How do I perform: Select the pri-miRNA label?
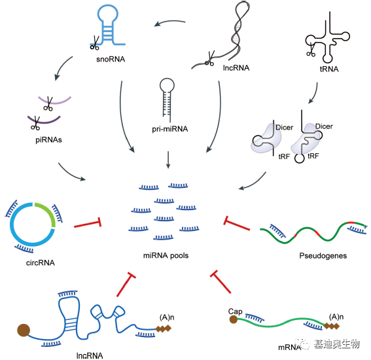click(x=169, y=129)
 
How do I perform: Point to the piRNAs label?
click(x=41, y=139)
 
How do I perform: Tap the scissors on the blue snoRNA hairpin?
click(x=94, y=45)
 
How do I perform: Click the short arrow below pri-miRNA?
click(x=169, y=159)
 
